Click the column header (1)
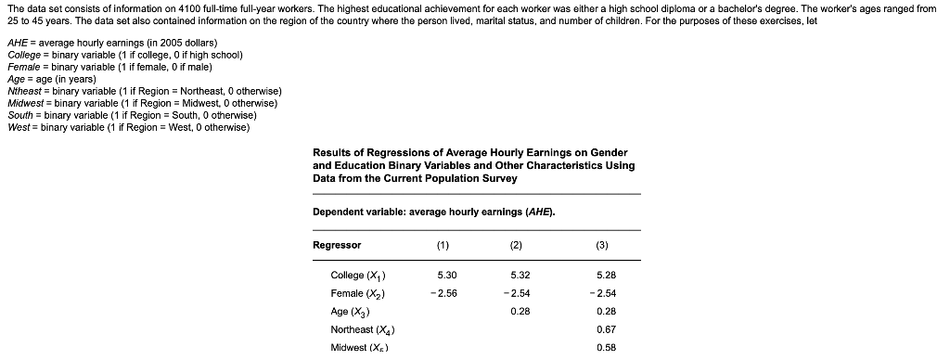point(441,245)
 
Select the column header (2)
point(516,245)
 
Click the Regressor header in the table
point(337,245)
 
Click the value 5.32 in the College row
point(520,276)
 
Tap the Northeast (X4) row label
point(364,329)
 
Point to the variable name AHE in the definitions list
point(18,44)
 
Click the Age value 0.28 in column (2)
point(520,312)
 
